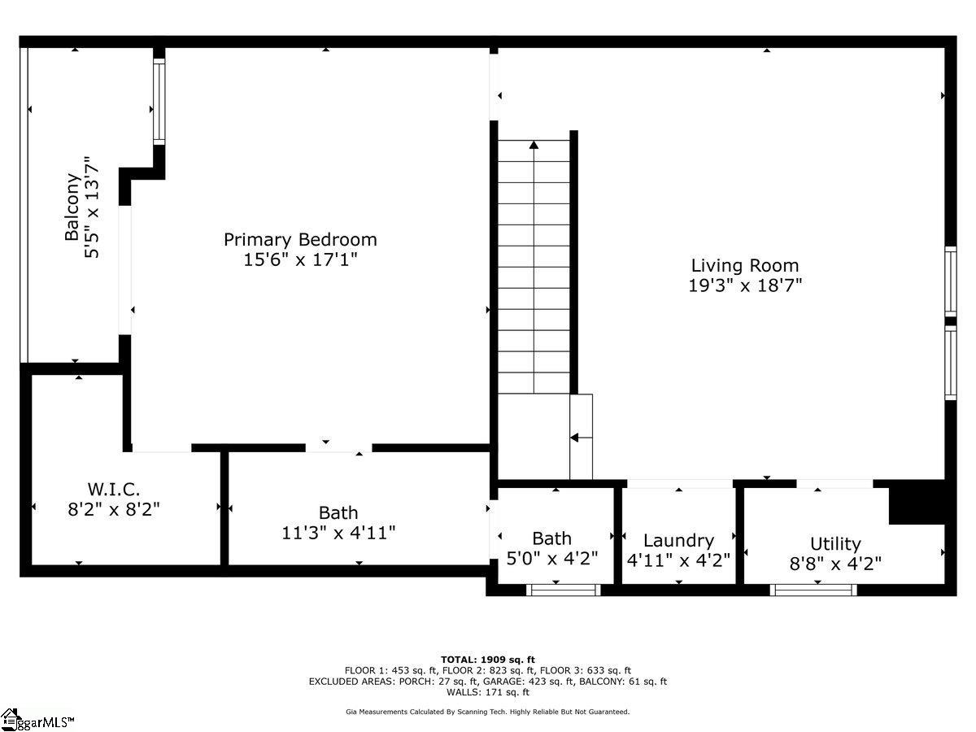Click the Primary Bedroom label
[x=300, y=240]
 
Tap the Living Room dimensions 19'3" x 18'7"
[x=745, y=285]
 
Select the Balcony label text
[x=73, y=207]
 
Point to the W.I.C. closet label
[x=114, y=490]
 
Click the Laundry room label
[x=678, y=541]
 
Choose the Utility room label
[x=835, y=544]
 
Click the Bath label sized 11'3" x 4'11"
[x=338, y=513]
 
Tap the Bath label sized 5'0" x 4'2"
[x=551, y=538]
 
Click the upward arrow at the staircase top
[x=534, y=146]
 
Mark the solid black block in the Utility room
[x=917, y=502]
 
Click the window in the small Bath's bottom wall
[x=564, y=590]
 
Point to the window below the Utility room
[x=813, y=590]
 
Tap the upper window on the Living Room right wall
[x=950, y=281]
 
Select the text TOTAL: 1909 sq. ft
[x=488, y=660]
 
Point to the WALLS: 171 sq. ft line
[x=488, y=692]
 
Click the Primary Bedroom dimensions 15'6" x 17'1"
[x=300, y=260]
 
